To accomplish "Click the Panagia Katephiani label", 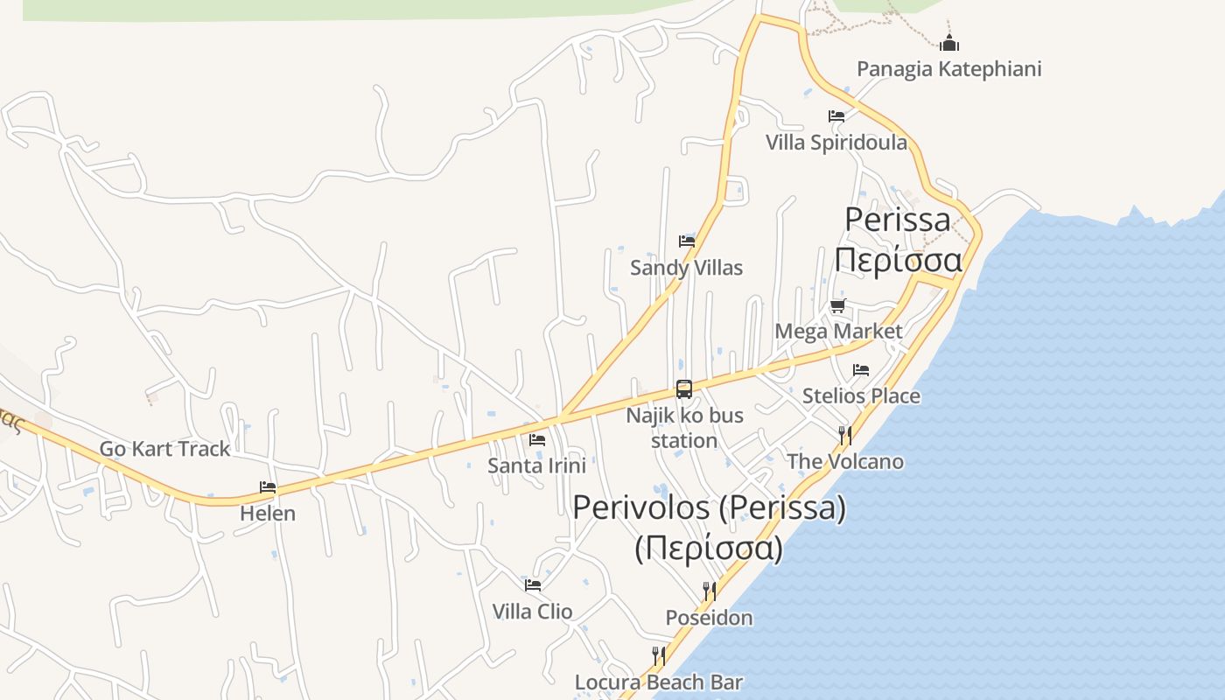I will [948, 69].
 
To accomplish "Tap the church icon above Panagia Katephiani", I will [948, 42].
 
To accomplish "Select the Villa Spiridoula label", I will [836, 143].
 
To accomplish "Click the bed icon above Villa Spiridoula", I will [836, 115].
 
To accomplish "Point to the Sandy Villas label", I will [686, 268].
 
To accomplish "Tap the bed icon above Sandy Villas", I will [686, 241].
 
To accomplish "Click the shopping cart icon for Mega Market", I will [838, 305].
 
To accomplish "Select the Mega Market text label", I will [838, 332].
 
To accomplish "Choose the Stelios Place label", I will [861, 396].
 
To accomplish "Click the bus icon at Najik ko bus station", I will [684, 389].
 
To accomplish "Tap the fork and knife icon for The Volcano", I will [845, 435].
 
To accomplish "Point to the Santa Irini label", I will [536, 465].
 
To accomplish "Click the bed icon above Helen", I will [268, 487].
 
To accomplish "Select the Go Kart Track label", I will [164, 449].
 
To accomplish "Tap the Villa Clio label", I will [532, 612].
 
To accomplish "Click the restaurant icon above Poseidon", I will [709, 591].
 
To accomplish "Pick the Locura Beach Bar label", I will [658, 682].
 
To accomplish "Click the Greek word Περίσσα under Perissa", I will [898, 260].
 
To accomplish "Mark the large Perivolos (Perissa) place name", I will [709, 508].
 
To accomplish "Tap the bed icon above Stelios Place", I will [861, 370].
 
